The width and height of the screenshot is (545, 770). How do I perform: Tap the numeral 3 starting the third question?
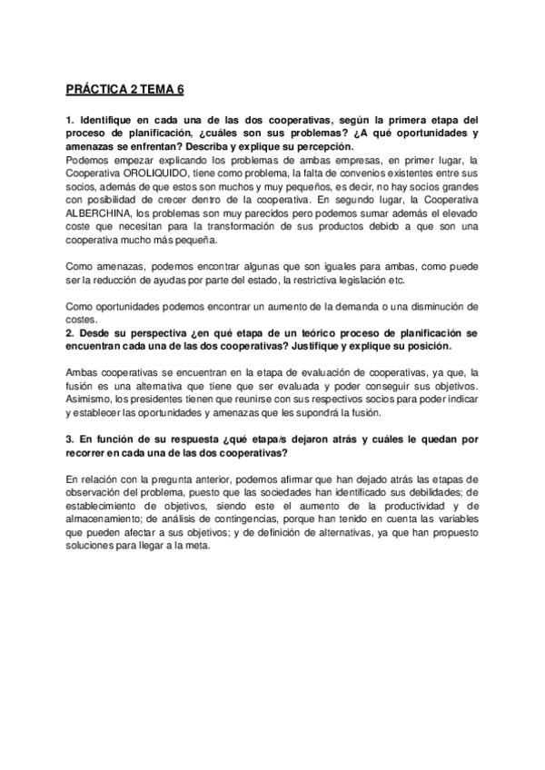[x=69, y=439]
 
